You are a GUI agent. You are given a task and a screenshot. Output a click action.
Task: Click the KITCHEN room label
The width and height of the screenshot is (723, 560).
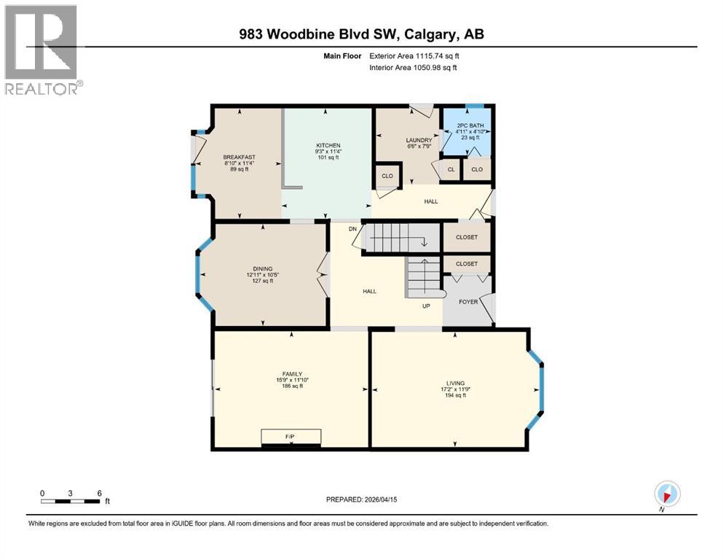tap(328, 145)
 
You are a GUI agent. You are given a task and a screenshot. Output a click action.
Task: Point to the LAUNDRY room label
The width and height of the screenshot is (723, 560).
tap(419, 140)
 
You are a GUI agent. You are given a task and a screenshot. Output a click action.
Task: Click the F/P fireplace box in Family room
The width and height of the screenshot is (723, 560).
tap(291, 437)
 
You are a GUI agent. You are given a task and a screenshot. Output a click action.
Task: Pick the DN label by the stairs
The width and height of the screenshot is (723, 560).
tap(352, 228)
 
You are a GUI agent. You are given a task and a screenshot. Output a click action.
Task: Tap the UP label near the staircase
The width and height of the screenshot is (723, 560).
tap(427, 306)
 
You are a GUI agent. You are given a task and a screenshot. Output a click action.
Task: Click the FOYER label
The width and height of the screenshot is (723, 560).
tap(468, 301)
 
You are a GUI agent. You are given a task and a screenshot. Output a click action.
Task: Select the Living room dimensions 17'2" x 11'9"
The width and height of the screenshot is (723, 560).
tap(454, 389)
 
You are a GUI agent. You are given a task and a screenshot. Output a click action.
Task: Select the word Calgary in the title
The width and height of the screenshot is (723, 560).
tap(430, 34)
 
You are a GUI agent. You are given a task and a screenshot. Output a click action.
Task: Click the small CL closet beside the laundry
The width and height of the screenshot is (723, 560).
tap(451, 169)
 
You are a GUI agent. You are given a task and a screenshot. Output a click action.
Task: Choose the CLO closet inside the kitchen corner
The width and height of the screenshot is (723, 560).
tap(387, 176)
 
